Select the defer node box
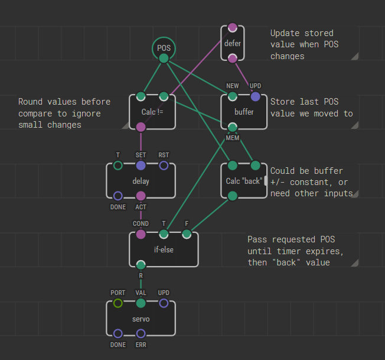click(233, 43)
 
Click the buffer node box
click(244, 112)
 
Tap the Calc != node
click(152, 112)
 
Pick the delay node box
click(141, 181)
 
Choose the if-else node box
click(164, 249)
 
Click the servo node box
click(141, 319)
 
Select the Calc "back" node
click(244, 181)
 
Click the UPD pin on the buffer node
click(255, 96)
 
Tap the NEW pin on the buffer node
click(233, 96)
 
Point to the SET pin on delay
click(141, 166)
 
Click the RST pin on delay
click(164, 166)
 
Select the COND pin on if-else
click(141, 234)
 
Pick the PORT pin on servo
click(118, 303)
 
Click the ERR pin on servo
click(141, 334)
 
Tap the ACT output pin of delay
click(141, 196)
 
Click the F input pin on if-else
click(187, 234)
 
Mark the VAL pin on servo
click(141, 303)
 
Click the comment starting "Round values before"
click(60, 113)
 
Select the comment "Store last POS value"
click(312, 107)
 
